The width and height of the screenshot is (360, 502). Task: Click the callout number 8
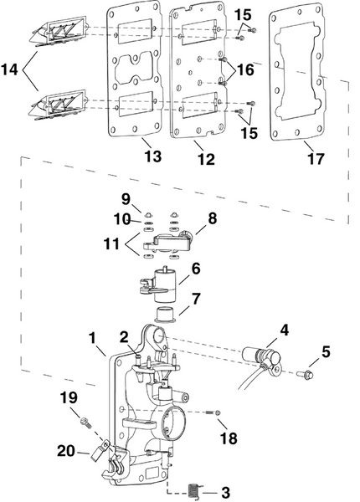click(212, 218)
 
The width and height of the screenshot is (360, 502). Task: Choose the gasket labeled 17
click(297, 67)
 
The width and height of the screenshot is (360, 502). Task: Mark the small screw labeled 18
click(218, 412)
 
